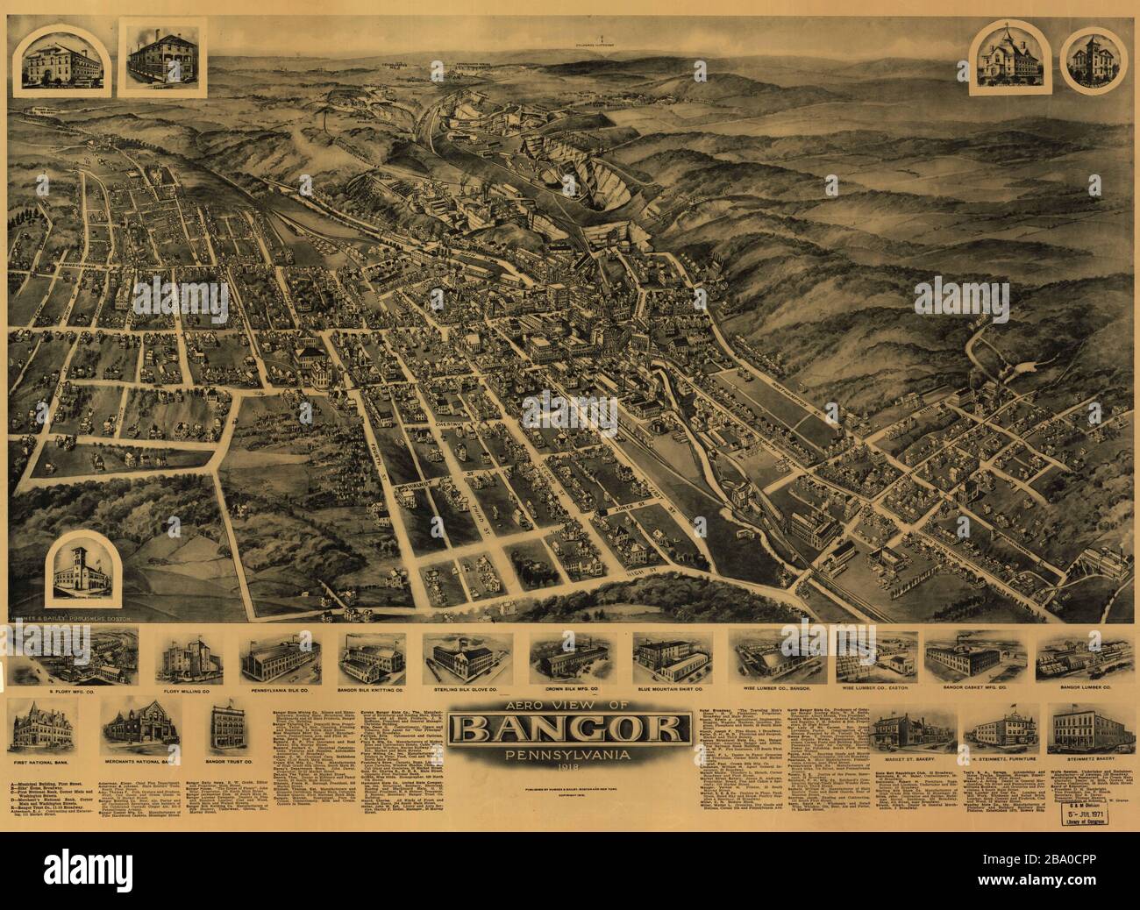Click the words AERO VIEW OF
point(569,705)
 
